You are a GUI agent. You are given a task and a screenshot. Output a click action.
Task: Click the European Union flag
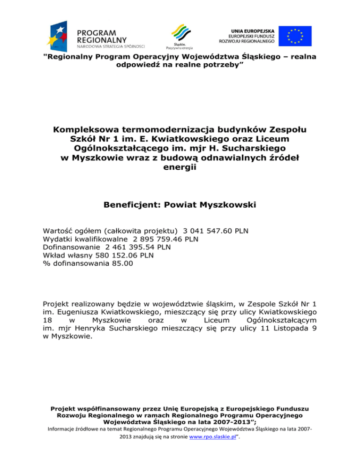[x=295, y=36]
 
